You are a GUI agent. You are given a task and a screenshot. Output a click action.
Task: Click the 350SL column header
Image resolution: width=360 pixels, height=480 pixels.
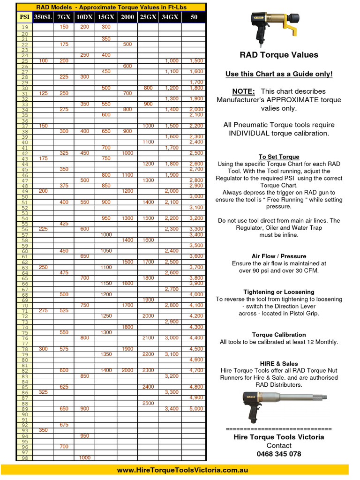pyautogui.click(x=43, y=17)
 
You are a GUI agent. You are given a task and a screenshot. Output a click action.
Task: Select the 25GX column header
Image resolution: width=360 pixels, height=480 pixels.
pyautogui.click(x=148, y=17)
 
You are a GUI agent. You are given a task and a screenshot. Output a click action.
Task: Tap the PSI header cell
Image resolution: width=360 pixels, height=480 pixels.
pyautogui.click(x=24, y=17)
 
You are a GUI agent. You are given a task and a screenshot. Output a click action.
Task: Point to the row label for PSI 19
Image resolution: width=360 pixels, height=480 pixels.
pyautogui.click(x=24, y=27)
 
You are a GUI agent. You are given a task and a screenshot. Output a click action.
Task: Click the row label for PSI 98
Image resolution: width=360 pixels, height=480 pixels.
pyautogui.click(x=24, y=457)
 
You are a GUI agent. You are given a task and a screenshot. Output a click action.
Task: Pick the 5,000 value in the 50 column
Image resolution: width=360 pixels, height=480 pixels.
pyautogui.click(x=196, y=409)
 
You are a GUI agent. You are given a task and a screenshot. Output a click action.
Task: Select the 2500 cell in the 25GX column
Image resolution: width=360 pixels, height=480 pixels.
pyautogui.click(x=148, y=403)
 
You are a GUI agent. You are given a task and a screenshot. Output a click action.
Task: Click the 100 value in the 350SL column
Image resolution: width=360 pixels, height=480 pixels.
pyautogui.click(x=43, y=61)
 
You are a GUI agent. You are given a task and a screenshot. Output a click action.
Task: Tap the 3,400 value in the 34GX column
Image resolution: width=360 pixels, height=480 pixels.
pyautogui.click(x=171, y=409)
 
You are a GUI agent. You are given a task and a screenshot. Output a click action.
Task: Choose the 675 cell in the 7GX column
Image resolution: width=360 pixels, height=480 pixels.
pyautogui.click(x=64, y=425)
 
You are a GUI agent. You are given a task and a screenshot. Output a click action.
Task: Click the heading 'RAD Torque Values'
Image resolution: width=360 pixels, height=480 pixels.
pyautogui.click(x=279, y=55)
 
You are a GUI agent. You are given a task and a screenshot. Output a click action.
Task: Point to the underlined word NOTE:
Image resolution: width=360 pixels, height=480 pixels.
pyautogui.click(x=243, y=91)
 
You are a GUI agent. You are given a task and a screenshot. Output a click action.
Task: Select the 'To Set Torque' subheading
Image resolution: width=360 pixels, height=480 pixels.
pyautogui.click(x=279, y=157)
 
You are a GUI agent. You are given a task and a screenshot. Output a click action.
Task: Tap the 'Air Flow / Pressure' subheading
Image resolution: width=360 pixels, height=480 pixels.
pyautogui.click(x=279, y=256)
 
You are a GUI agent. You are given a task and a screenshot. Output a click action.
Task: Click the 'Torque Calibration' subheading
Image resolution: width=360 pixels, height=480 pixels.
pyautogui.click(x=279, y=335)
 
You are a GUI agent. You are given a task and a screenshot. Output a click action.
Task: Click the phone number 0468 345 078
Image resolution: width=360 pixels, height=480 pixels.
pyautogui.click(x=279, y=454)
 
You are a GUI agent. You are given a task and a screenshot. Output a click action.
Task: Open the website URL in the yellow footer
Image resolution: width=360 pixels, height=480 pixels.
pyautogui.click(x=182, y=470)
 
